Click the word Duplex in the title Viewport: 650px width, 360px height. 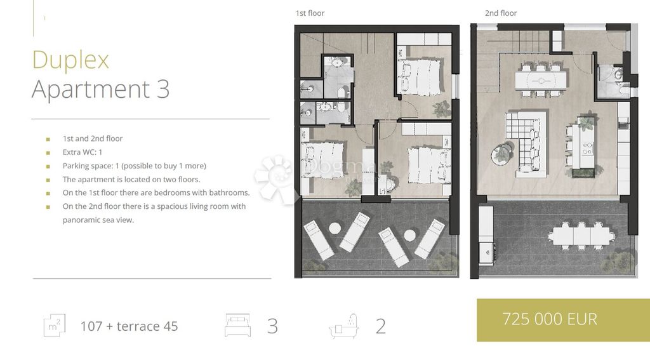pyautogui.click(x=70, y=60)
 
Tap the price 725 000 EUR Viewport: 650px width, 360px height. pyautogui.click(x=550, y=319)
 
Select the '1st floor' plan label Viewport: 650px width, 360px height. pyautogui.click(x=310, y=13)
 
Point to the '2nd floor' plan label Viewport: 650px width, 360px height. pyautogui.click(x=501, y=13)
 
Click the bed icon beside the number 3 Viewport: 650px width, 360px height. pyautogui.click(x=237, y=325)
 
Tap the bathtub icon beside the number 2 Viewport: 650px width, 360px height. pyautogui.click(x=343, y=326)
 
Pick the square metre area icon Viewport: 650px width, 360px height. pyautogui.click(x=55, y=325)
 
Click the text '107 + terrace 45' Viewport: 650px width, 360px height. pyautogui.click(x=129, y=326)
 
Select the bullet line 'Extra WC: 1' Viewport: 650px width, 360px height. pyautogui.click(x=82, y=152)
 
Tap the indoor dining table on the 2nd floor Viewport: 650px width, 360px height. pyautogui.click(x=541, y=80)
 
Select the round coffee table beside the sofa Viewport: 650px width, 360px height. pyautogui.click(x=501, y=155)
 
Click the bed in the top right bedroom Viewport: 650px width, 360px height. pyautogui.click(x=419, y=77)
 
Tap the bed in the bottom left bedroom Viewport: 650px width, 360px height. pyautogui.click(x=322, y=161)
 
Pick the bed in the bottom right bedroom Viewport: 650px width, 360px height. pyautogui.click(x=430, y=165)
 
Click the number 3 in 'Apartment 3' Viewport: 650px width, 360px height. pyautogui.click(x=163, y=89)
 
